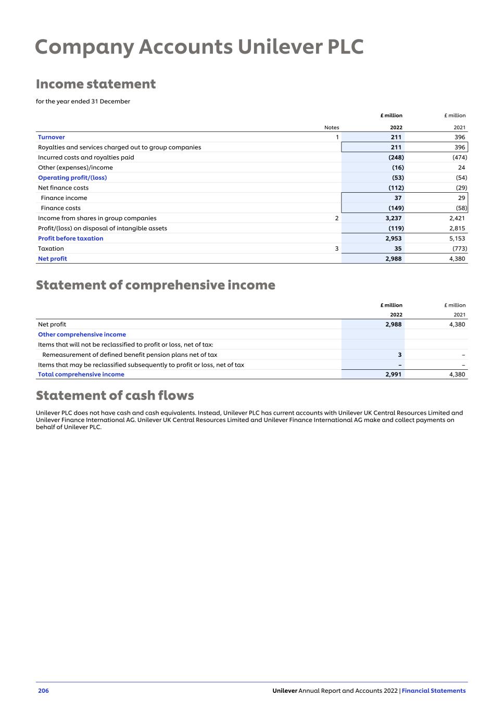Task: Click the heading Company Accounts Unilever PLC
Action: tap(199, 47)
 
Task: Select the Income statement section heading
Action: tap(96, 84)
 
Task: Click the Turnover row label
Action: tap(52, 137)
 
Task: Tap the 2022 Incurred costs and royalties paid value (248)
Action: tap(396, 157)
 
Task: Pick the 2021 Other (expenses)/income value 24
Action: tap(461, 168)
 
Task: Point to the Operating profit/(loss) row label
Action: tap(72, 178)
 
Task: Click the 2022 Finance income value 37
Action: tap(398, 198)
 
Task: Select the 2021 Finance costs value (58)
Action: tap(461, 208)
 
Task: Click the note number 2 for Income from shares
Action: tap(337, 218)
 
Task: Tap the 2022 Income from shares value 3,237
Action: tap(393, 218)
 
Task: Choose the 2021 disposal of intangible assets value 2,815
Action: tap(457, 228)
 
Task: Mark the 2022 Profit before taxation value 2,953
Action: tap(393, 239)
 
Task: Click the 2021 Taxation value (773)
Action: tap(459, 248)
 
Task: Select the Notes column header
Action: tap(332, 128)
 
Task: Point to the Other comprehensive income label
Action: tap(82, 334)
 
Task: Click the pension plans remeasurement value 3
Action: tap(400, 355)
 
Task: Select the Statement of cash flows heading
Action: tap(115, 395)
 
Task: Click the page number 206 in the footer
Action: tap(43, 691)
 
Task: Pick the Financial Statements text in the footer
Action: tap(434, 691)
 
